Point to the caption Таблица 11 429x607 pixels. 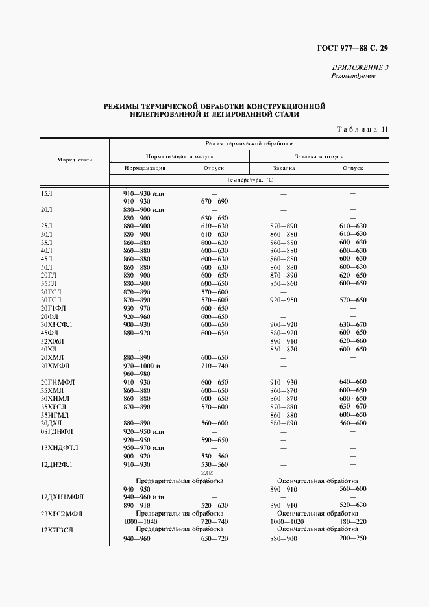(362, 129)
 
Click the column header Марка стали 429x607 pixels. (75, 159)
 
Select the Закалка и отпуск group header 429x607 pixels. (319, 156)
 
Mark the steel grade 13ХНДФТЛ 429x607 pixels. (59, 447)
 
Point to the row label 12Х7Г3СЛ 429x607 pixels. (58, 530)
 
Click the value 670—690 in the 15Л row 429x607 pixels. (214, 202)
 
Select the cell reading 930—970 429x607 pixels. (136, 308)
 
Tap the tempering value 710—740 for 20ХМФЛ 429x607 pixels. (214, 366)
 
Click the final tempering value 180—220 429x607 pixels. (352, 521)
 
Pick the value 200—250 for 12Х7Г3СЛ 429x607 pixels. (352, 538)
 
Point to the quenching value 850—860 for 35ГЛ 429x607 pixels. (283, 283)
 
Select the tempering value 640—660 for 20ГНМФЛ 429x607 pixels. (352, 382)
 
